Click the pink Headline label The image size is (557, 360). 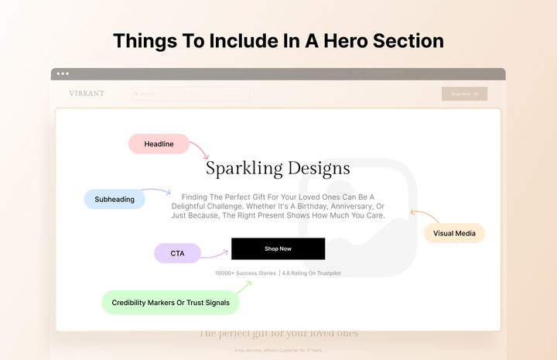click(159, 144)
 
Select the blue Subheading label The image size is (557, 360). click(114, 199)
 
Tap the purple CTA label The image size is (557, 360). click(177, 253)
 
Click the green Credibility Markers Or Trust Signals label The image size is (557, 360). click(170, 303)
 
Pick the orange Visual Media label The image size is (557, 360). click(454, 233)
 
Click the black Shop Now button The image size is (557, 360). click(278, 249)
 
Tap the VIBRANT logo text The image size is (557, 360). click(87, 94)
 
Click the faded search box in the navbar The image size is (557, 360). click(191, 94)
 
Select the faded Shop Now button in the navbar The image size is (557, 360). click(464, 94)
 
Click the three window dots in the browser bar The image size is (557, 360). click(63, 74)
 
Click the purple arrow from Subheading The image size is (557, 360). click(157, 191)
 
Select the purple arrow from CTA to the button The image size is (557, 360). click(215, 253)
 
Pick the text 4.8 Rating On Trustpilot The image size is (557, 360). click(312, 273)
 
